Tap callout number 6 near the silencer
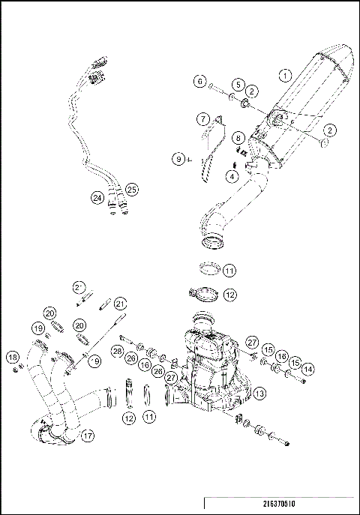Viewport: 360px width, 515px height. tap(199, 80)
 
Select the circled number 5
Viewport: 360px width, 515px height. tap(236, 84)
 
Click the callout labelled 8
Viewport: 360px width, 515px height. tap(237, 138)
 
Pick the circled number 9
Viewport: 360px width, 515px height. tap(178, 158)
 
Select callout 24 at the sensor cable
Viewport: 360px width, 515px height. tap(96, 198)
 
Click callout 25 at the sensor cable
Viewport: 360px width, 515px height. tap(132, 188)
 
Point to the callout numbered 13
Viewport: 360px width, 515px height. tap(259, 392)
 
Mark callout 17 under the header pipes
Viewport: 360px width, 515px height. tap(88, 435)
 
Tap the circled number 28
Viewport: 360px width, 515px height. tap(117, 351)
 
